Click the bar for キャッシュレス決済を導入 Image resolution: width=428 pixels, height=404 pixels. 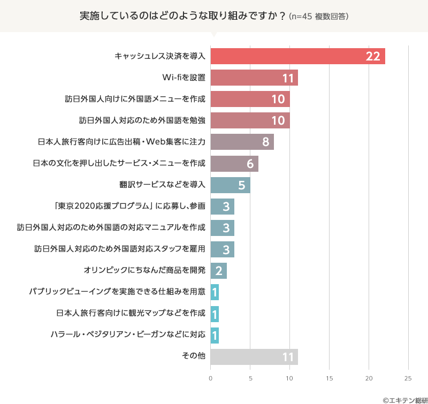(x=297, y=56)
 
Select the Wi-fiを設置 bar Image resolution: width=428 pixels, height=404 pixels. (x=254, y=78)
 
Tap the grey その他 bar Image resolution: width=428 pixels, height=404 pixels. (x=254, y=356)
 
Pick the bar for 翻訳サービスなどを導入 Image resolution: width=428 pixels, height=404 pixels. (x=230, y=185)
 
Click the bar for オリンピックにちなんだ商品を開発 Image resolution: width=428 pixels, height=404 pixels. (x=218, y=270)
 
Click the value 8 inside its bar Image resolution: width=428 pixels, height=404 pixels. (x=265, y=142)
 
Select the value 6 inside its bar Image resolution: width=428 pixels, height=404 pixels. (x=250, y=164)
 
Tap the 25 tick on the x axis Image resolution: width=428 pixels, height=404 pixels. (x=408, y=378)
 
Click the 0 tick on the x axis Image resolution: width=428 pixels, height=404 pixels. (x=211, y=378)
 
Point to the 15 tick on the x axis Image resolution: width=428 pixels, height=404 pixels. (x=329, y=378)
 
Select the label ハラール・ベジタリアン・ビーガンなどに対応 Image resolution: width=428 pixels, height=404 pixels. (x=128, y=335)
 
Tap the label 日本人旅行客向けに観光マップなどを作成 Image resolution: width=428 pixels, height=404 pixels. (x=131, y=313)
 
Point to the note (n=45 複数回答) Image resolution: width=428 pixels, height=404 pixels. (x=319, y=17)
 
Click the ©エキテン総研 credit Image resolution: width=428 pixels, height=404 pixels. (x=402, y=399)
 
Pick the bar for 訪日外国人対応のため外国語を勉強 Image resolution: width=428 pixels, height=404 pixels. (x=250, y=120)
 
